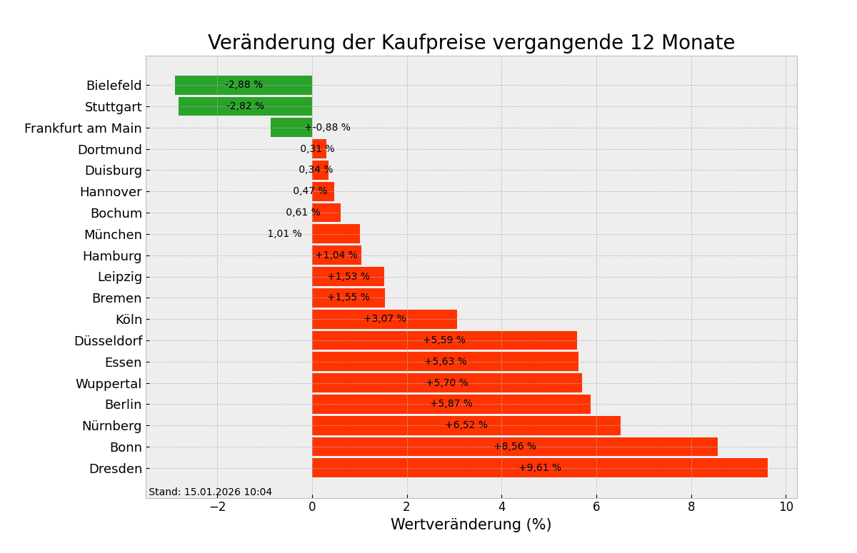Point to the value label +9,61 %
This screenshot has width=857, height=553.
540,468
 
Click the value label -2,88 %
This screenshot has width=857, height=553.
244,85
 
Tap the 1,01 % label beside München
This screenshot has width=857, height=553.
284,234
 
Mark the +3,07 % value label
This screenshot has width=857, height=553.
385,319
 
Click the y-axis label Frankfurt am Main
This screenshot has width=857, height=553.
83,128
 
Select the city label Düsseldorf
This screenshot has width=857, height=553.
108,341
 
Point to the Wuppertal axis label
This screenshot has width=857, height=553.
109,384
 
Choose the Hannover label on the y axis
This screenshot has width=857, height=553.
111,192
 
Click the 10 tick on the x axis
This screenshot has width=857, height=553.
786,507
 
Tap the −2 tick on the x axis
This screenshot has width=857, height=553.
217,507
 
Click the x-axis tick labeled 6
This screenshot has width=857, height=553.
596,507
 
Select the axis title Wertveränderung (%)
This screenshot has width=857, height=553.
471,525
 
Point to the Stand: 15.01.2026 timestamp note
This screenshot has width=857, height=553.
210,492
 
